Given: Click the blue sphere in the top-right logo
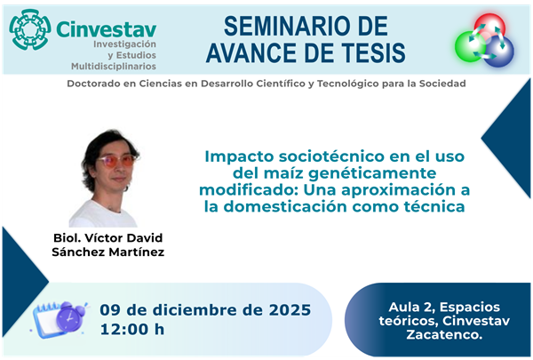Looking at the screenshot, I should coord(497,50).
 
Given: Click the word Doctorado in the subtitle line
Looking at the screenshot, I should coord(97,84).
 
